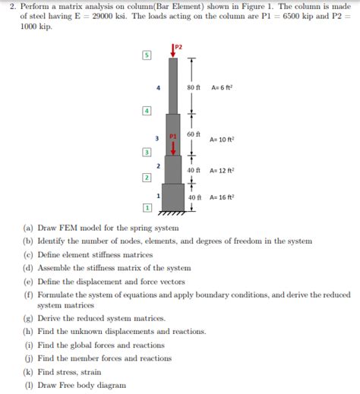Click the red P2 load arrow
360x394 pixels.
coord(174,52)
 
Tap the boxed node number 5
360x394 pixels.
coord(146,55)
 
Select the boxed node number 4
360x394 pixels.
coord(146,111)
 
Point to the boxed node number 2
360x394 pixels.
coord(146,178)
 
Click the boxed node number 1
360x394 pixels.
coord(146,207)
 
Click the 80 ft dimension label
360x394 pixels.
coord(193,87)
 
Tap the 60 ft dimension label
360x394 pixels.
coord(193,134)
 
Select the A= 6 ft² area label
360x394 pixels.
coord(222,87)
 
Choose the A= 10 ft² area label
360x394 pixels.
coord(223,140)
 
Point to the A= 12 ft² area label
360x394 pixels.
coord(223,171)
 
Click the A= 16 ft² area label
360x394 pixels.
coord(223,197)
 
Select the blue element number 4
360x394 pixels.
coord(158,87)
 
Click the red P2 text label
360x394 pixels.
coord(179,47)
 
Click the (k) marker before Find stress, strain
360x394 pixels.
coord(27,373)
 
